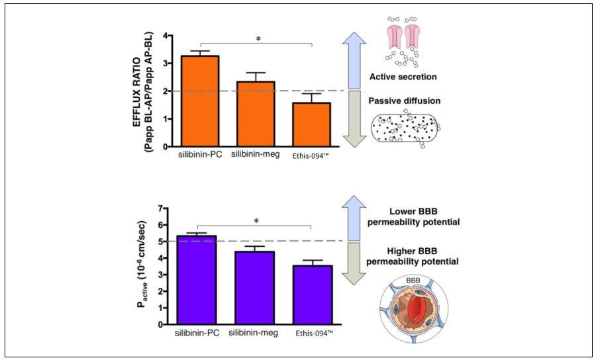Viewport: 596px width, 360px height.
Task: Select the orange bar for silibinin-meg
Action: point(256,114)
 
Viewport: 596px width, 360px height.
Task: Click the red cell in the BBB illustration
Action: point(412,309)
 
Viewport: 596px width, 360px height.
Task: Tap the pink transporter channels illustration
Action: point(405,36)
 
